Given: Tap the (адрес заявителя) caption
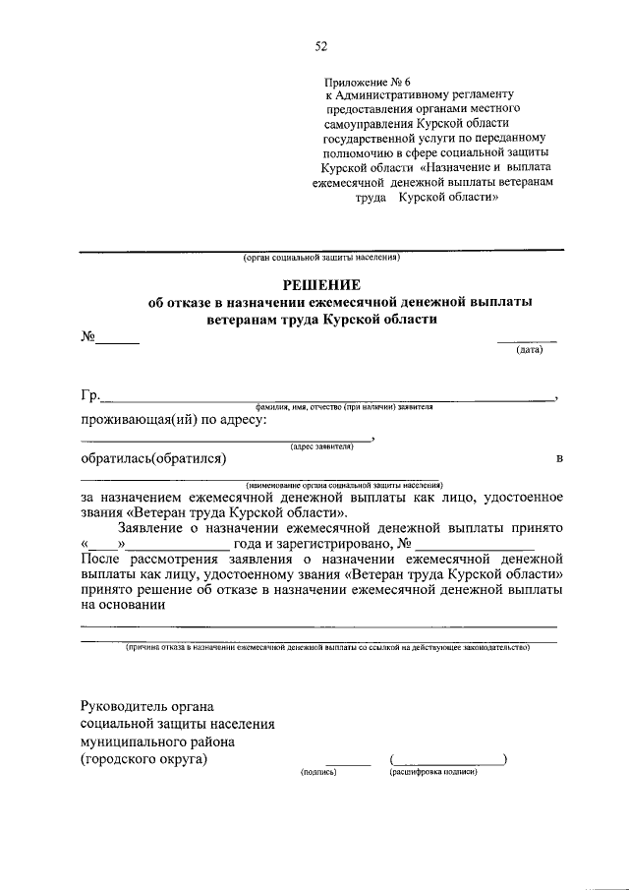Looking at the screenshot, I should (x=320, y=446).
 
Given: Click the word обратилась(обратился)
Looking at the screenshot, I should (x=153, y=458).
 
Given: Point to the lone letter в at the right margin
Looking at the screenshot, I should (x=558, y=459).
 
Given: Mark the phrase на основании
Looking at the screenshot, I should (x=123, y=606).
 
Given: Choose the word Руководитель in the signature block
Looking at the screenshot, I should (x=129, y=706).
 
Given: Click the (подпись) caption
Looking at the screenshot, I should (x=318, y=773).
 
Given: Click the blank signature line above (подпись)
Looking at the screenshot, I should (x=348, y=763).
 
